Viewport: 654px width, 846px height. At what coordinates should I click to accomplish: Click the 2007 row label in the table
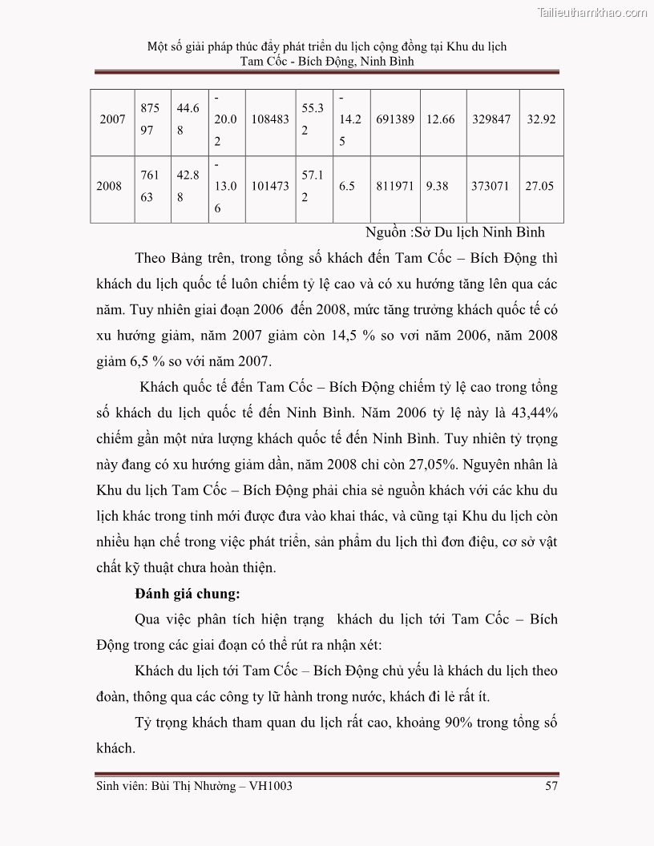pos(113,119)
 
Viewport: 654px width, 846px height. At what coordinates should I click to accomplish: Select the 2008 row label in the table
pos(108,186)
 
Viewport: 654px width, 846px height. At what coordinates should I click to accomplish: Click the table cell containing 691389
pos(394,119)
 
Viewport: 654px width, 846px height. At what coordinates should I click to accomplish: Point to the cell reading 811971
pos(394,186)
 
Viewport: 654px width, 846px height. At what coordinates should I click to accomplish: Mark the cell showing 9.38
pos(437,186)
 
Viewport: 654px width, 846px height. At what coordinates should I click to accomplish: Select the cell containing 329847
pos(490,119)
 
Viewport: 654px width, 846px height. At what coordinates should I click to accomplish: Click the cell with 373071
pos(490,186)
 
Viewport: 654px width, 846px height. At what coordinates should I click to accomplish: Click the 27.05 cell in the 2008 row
pos(539,186)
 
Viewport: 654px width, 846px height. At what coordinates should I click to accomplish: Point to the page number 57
pos(551,786)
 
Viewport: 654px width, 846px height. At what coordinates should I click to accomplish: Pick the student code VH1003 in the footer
pos(267,786)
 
